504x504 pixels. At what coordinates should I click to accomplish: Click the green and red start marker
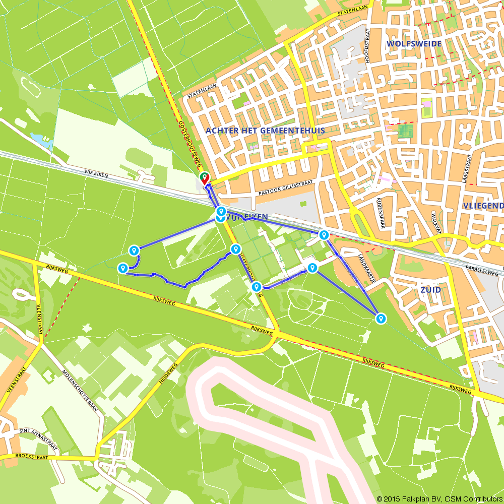(205, 179)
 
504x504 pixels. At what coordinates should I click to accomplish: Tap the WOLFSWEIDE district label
(414, 44)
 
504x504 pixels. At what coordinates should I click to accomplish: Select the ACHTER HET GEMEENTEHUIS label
(265, 131)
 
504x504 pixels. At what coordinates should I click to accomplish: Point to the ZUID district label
(430, 290)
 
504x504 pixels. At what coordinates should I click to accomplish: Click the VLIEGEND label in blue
(483, 206)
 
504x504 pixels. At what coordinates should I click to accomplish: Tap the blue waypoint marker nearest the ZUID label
(381, 319)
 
